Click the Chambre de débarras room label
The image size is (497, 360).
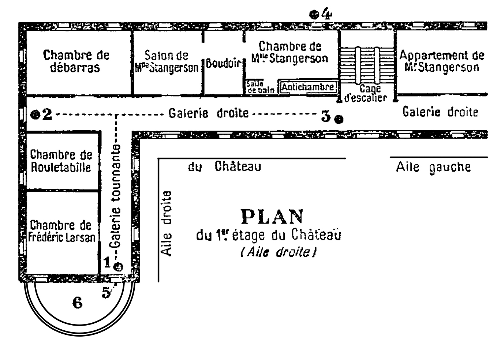click(x=76, y=61)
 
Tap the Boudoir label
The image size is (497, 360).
click(x=224, y=63)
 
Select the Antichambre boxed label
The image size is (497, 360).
click(x=308, y=87)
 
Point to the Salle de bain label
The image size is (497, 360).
click(x=261, y=87)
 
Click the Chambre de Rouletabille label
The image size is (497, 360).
click(x=61, y=161)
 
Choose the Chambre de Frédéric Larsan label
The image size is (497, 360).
click(x=62, y=231)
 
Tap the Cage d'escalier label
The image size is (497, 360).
click(x=366, y=93)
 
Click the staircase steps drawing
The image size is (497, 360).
click(x=367, y=65)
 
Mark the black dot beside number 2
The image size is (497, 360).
click(x=35, y=115)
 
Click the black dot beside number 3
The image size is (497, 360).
click(x=339, y=120)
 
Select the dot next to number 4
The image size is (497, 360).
click(x=314, y=15)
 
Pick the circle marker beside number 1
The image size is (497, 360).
click(x=118, y=267)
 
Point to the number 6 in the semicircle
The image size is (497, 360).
click(x=78, y=303)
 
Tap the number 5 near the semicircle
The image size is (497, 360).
click(x=106, y=293)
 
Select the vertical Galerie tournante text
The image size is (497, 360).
click(x=115, y=196)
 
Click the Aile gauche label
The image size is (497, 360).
click(x=433, y=168)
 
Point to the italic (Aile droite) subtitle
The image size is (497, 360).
click(x=279, y=252)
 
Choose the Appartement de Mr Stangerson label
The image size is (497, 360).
click(x=441, y=61)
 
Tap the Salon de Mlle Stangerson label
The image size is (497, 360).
click(x=167, y=62)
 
